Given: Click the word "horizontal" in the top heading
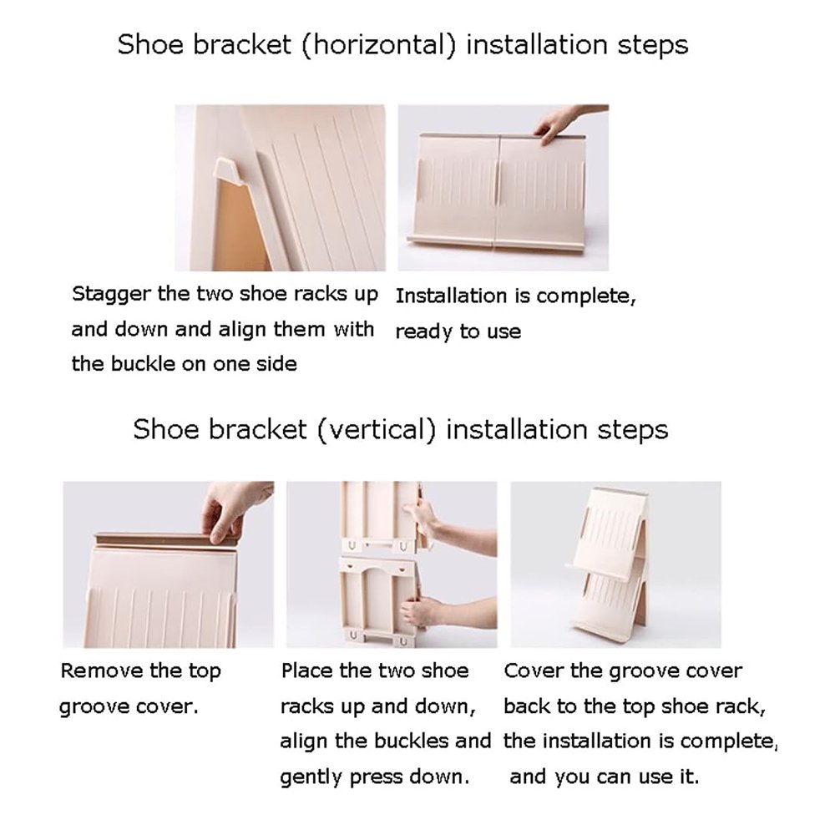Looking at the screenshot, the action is pyautogui.click(x=378, y=44).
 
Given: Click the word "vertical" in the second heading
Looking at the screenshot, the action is pyautogui.click(x=377, y=430).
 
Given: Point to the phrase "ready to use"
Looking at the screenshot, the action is pyautogui.click(x=458, y=331).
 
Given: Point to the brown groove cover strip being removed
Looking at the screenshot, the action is pyautogui.click(x=166, y=539).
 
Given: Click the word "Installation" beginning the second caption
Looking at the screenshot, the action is pyautogui.click(x=451, y=296).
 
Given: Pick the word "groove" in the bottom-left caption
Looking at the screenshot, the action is pyautogui.click(x=94, y=707).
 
